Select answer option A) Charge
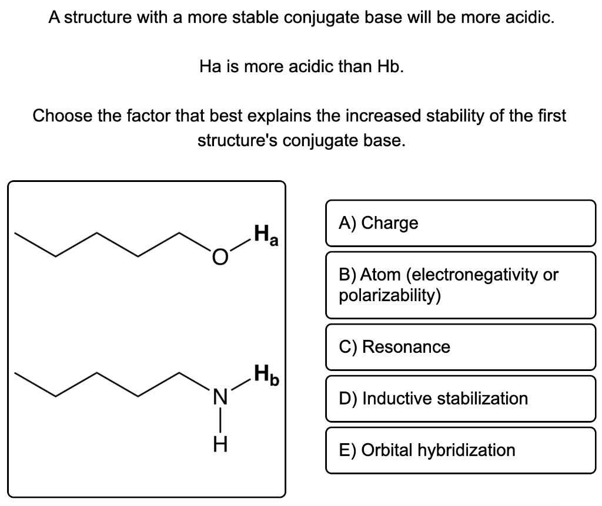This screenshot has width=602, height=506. click(x=460, y=223)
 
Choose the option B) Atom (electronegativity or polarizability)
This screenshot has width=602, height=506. click(x=460, y=285)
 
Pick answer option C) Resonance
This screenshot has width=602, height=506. click(x=460, y=347)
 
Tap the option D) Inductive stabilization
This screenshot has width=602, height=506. click(x=460, y=399)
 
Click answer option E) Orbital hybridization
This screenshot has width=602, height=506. click(x=460, y=450)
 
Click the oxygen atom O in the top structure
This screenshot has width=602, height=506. click(x=219, y=257)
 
